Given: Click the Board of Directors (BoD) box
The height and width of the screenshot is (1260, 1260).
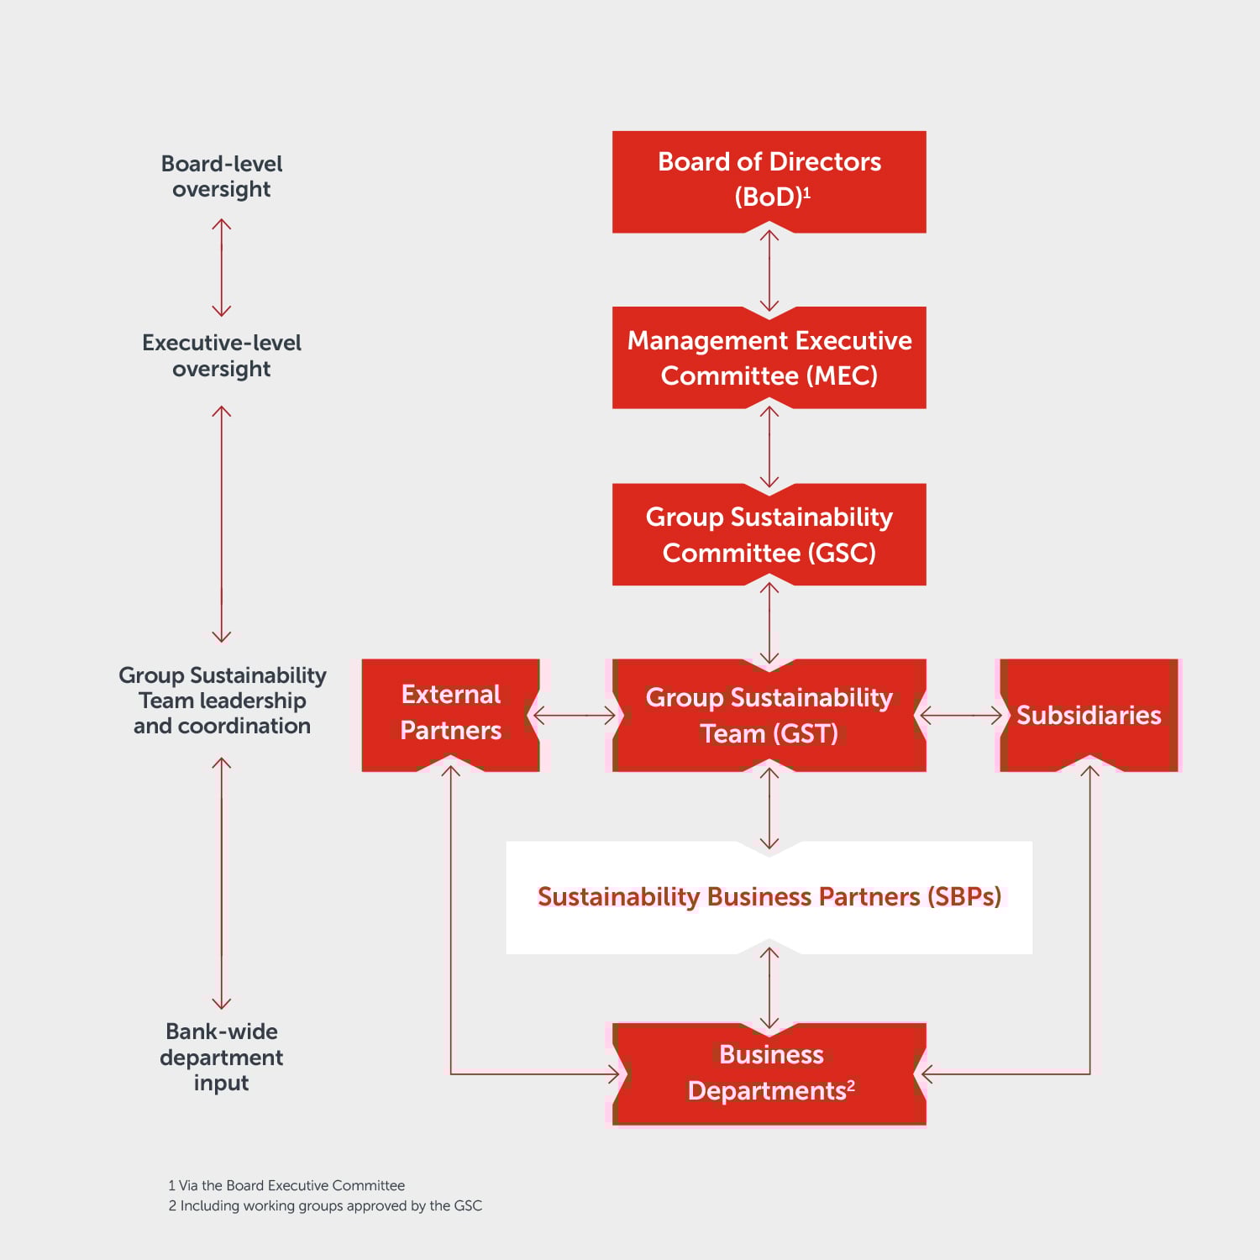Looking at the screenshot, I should pyautogui.click(x=769, y=181).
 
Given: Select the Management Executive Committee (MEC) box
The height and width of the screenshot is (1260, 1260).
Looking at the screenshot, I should pyautogui.click(x=769, y=358).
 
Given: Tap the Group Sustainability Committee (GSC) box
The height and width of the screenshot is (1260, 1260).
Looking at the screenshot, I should pyautogui.click(x=769, y=534).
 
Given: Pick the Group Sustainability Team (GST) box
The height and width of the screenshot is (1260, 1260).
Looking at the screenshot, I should pyautogui.click(x=769, y=715).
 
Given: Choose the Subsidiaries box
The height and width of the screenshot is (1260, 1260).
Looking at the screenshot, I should pyautogui.click(x=1089, y=715).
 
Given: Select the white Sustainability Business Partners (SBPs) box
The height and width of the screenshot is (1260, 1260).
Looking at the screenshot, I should pyautogui.click(x=769, y=897).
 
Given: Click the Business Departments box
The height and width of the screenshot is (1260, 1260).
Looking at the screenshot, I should pyautogui.click(x=769, y=1073).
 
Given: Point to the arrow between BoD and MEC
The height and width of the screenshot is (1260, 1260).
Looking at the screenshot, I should pyautogui.click(x=769, y=270).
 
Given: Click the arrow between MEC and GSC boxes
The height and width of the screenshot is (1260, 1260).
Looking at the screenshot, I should pyautogui.click(x=769, y=447).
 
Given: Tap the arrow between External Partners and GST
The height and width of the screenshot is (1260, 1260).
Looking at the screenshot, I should pyautogui.click(x=575, y=716).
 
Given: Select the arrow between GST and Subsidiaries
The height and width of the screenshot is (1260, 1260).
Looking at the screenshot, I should pyautogui.click(x=962, y=716).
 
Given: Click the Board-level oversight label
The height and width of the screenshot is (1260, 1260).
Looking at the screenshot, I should pyautogui.click(x=222, y=176).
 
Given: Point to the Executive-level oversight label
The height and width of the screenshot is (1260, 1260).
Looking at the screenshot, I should pyautogui.click(x=222, y=355).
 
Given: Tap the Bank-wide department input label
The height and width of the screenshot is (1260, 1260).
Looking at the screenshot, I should pyautogui.click(x=222, y=1057).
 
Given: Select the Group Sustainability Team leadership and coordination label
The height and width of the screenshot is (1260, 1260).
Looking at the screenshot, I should pyautogui.click(x=222, y=701).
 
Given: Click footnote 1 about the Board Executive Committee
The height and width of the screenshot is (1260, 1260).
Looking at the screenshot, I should pyautogui.click(x=286, y=1185).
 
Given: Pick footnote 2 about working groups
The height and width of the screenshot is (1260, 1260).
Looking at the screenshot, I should pyautogui.click(x=325, y=1205).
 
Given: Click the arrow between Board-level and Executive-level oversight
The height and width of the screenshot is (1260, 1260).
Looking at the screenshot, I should pyautogui.click(x=222, y=267).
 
